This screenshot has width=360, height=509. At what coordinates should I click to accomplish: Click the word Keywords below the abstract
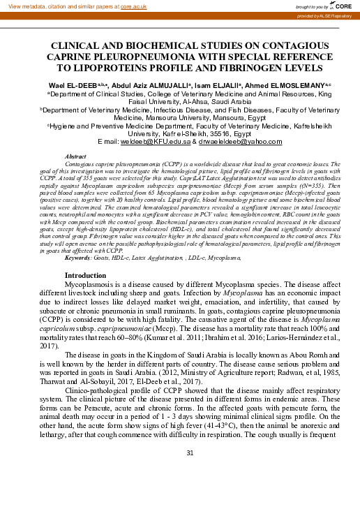(77, 258)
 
